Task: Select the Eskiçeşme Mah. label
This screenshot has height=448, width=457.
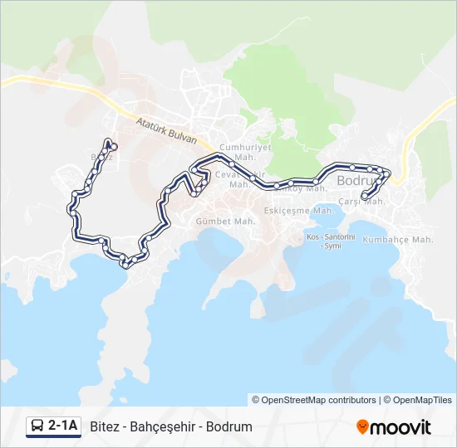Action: (298, 211)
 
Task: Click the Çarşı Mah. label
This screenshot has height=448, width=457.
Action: (361, 202)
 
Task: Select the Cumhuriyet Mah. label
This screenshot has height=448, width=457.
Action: (236, 152)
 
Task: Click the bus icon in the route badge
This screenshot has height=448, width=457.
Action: (37, 426)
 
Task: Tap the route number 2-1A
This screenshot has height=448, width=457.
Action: (63, 426)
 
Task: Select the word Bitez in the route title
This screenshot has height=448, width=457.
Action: (104, 427)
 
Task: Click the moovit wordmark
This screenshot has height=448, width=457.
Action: (400, 427)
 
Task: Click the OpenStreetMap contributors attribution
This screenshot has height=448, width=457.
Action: (314, 400)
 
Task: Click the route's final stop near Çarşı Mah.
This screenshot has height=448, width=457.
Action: (365, 197)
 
